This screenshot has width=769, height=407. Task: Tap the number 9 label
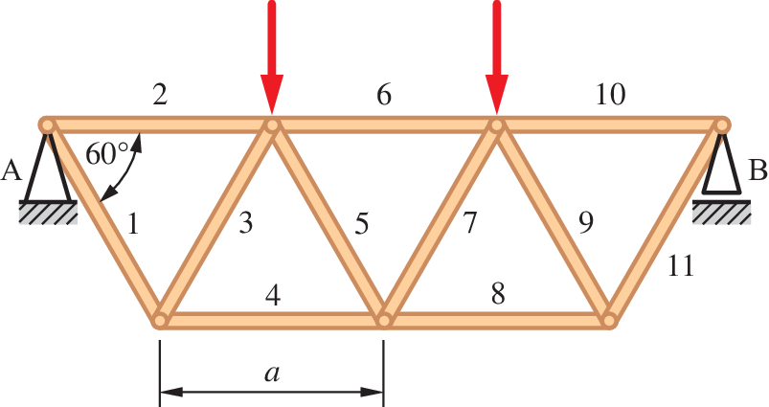coord(585,223)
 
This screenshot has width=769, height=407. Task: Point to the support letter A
coord(12,171)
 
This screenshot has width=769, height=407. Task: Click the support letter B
coord(758,171)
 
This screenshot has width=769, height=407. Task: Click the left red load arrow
coord(272,57)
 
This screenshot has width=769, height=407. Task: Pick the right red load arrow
coord(496,57)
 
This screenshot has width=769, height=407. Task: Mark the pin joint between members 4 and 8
coord(384,320)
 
